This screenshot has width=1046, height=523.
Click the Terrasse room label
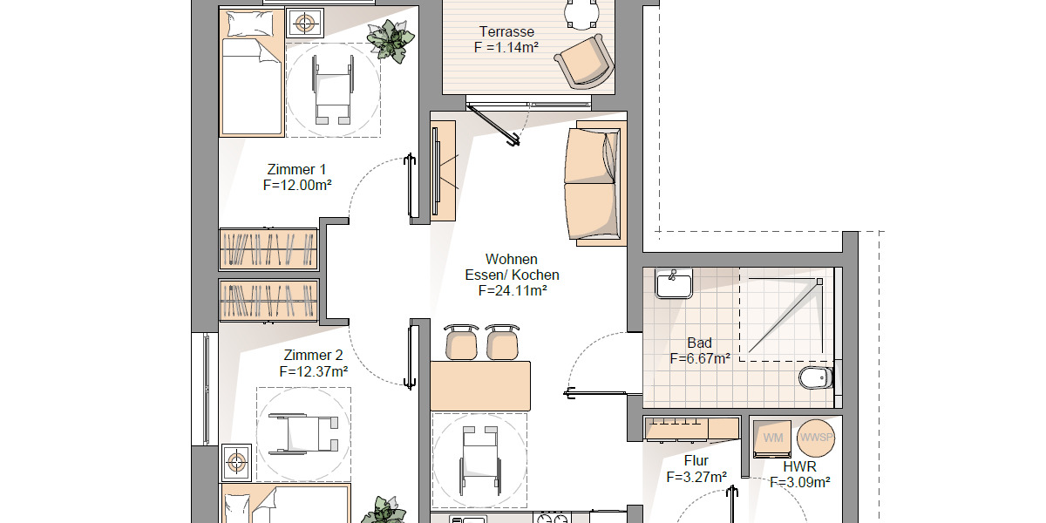pos(506,32)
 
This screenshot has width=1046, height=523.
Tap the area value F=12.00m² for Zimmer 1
pos(296,185)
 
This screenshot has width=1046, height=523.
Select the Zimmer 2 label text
pos(313,355)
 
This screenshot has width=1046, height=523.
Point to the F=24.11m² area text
pos(512,291)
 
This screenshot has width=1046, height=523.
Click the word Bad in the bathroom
pos(699,343)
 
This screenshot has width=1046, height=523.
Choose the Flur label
pos(696,461)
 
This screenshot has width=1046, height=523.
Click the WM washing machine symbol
pos(772,437)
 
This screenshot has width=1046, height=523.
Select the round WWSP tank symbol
pos(817,437)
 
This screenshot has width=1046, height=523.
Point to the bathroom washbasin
pos(673,283)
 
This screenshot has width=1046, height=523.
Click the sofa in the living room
pos(594,182)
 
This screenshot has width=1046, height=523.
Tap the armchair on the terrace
pos(580,60)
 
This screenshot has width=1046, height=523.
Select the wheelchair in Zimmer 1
pos(332,89)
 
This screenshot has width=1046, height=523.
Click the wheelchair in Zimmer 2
pos(303,433)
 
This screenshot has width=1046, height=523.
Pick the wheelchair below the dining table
pos(479,459)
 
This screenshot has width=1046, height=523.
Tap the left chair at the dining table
pos(462,342)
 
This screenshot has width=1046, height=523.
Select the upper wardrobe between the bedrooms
pos(268,248)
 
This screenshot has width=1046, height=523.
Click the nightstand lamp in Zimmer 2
pos(237,461)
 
